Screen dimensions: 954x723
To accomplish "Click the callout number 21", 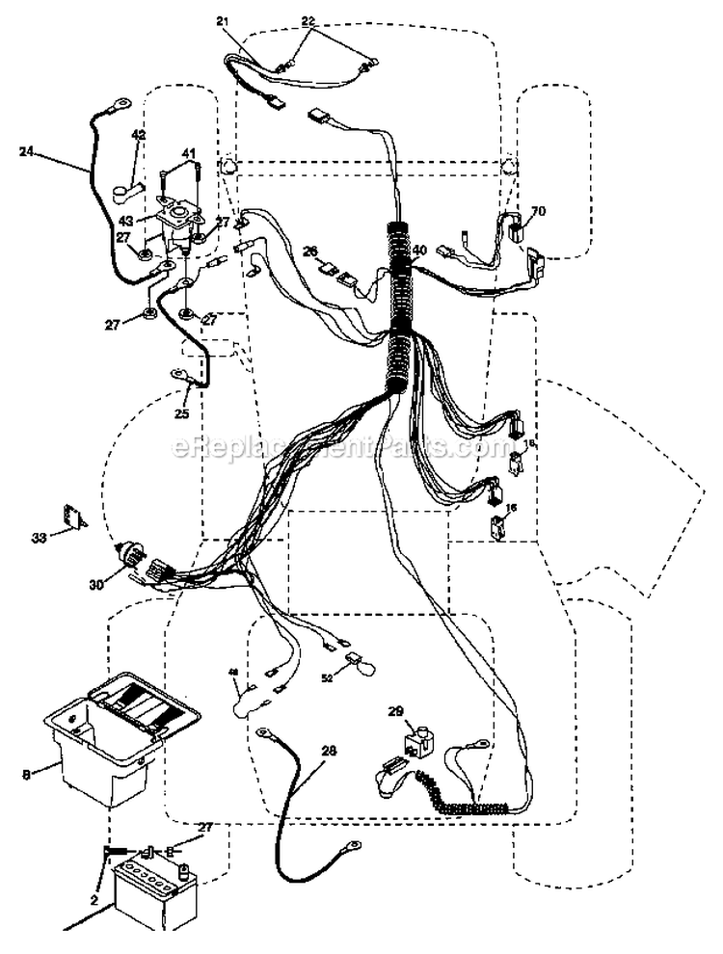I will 223,20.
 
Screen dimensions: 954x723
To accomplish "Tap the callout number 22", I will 308,20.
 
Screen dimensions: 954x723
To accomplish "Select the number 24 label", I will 26,150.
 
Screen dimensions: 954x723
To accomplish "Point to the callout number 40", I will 418,250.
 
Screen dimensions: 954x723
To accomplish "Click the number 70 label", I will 538,209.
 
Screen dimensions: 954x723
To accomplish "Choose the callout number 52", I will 327,677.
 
